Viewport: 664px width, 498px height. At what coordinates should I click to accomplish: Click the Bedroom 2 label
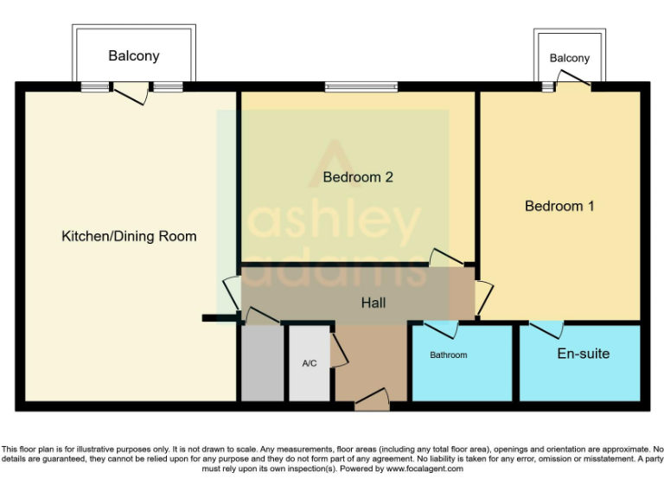[x=358, y=177]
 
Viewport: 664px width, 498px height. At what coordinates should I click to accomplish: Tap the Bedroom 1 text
[x=559, y=207]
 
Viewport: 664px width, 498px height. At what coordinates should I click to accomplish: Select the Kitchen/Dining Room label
[x=129, y=236]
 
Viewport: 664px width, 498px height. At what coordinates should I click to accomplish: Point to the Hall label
[x=373, y=303]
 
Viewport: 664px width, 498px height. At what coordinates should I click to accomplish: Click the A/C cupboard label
[x=310, y=363]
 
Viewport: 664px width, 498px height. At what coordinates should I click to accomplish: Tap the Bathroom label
[x=449, y=354]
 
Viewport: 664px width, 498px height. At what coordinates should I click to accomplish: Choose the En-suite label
[x=584, y=354]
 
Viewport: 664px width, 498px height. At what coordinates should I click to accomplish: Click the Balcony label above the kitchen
[x=134, y=56]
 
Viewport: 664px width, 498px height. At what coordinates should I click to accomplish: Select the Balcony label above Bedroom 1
[x=570, y=58]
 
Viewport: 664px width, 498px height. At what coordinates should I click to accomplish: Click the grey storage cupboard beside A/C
[x=263, y=363]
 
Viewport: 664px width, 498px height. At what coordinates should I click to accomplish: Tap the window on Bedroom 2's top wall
[x=361, y=86]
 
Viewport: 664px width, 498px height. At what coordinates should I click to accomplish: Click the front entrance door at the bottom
[x=373, y=399]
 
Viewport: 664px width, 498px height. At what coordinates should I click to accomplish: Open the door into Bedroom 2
[x=447, y=258]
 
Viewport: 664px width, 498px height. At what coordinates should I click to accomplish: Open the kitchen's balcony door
[x=131, y=93]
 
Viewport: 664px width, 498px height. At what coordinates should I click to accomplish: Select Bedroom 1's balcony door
[x=573, y=80]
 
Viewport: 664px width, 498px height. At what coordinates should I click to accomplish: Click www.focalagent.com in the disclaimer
[x=425, y=469]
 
